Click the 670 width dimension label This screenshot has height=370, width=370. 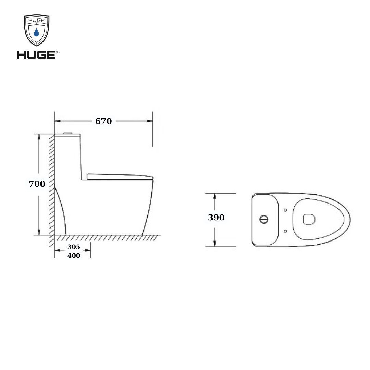coord(103,121)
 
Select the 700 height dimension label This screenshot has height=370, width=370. coord(37,184)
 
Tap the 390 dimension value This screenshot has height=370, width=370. coord(216,217)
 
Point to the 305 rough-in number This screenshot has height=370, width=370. coord(74,247)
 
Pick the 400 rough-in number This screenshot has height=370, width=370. coord(74,255)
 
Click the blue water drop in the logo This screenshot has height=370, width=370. coord(36,32)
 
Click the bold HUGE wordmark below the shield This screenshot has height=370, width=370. coord(36,55)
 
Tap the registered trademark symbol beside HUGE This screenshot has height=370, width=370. coord(58,52)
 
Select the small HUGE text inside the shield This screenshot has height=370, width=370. coord(36,21)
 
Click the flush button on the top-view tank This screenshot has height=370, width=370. coord(264,219)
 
